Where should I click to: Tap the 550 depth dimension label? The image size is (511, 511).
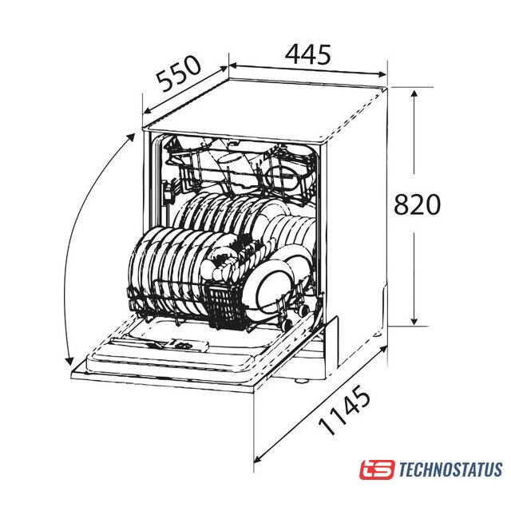click(178, 73)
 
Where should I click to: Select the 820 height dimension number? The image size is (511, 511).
click(417, 204)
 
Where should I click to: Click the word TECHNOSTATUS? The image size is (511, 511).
click(450, 469)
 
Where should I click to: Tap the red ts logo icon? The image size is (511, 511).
click(377, 469)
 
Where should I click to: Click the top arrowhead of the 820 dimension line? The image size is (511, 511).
click(414, 94)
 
